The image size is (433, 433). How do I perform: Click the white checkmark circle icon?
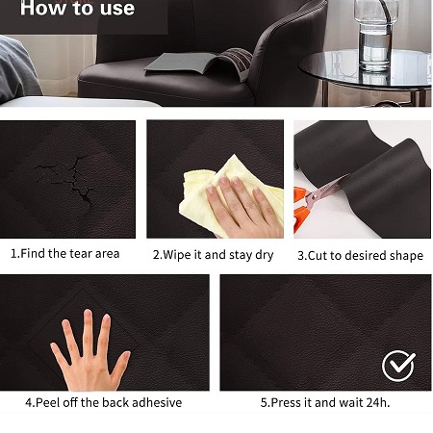398,366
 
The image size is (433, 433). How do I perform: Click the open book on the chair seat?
200,64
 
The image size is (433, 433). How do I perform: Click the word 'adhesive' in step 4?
157,402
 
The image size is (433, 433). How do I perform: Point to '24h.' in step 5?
378,402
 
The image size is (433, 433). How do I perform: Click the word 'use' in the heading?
117,9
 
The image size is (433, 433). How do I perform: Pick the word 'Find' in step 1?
33,254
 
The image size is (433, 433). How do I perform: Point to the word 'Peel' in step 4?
48,402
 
